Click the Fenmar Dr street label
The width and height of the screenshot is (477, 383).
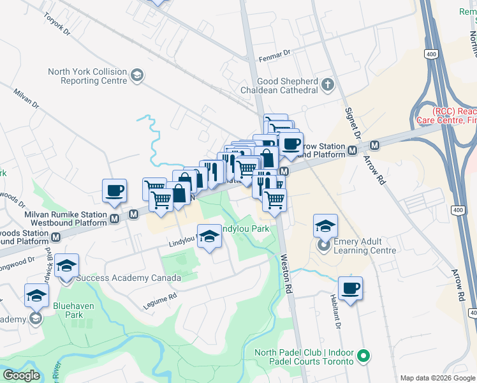274,57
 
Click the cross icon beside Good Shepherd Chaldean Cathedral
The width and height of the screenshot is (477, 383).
328,84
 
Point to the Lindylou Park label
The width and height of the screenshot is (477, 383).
244,228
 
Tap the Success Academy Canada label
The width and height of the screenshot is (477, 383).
128,278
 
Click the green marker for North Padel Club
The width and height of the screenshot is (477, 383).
363,355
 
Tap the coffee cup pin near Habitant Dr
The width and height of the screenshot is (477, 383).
350,289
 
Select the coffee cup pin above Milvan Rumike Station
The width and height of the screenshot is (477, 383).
115,190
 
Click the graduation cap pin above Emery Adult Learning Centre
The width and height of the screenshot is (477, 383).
325,225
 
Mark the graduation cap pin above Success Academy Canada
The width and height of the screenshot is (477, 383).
66,266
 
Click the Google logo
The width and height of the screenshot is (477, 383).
22,375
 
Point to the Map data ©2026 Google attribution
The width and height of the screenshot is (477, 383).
437,377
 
